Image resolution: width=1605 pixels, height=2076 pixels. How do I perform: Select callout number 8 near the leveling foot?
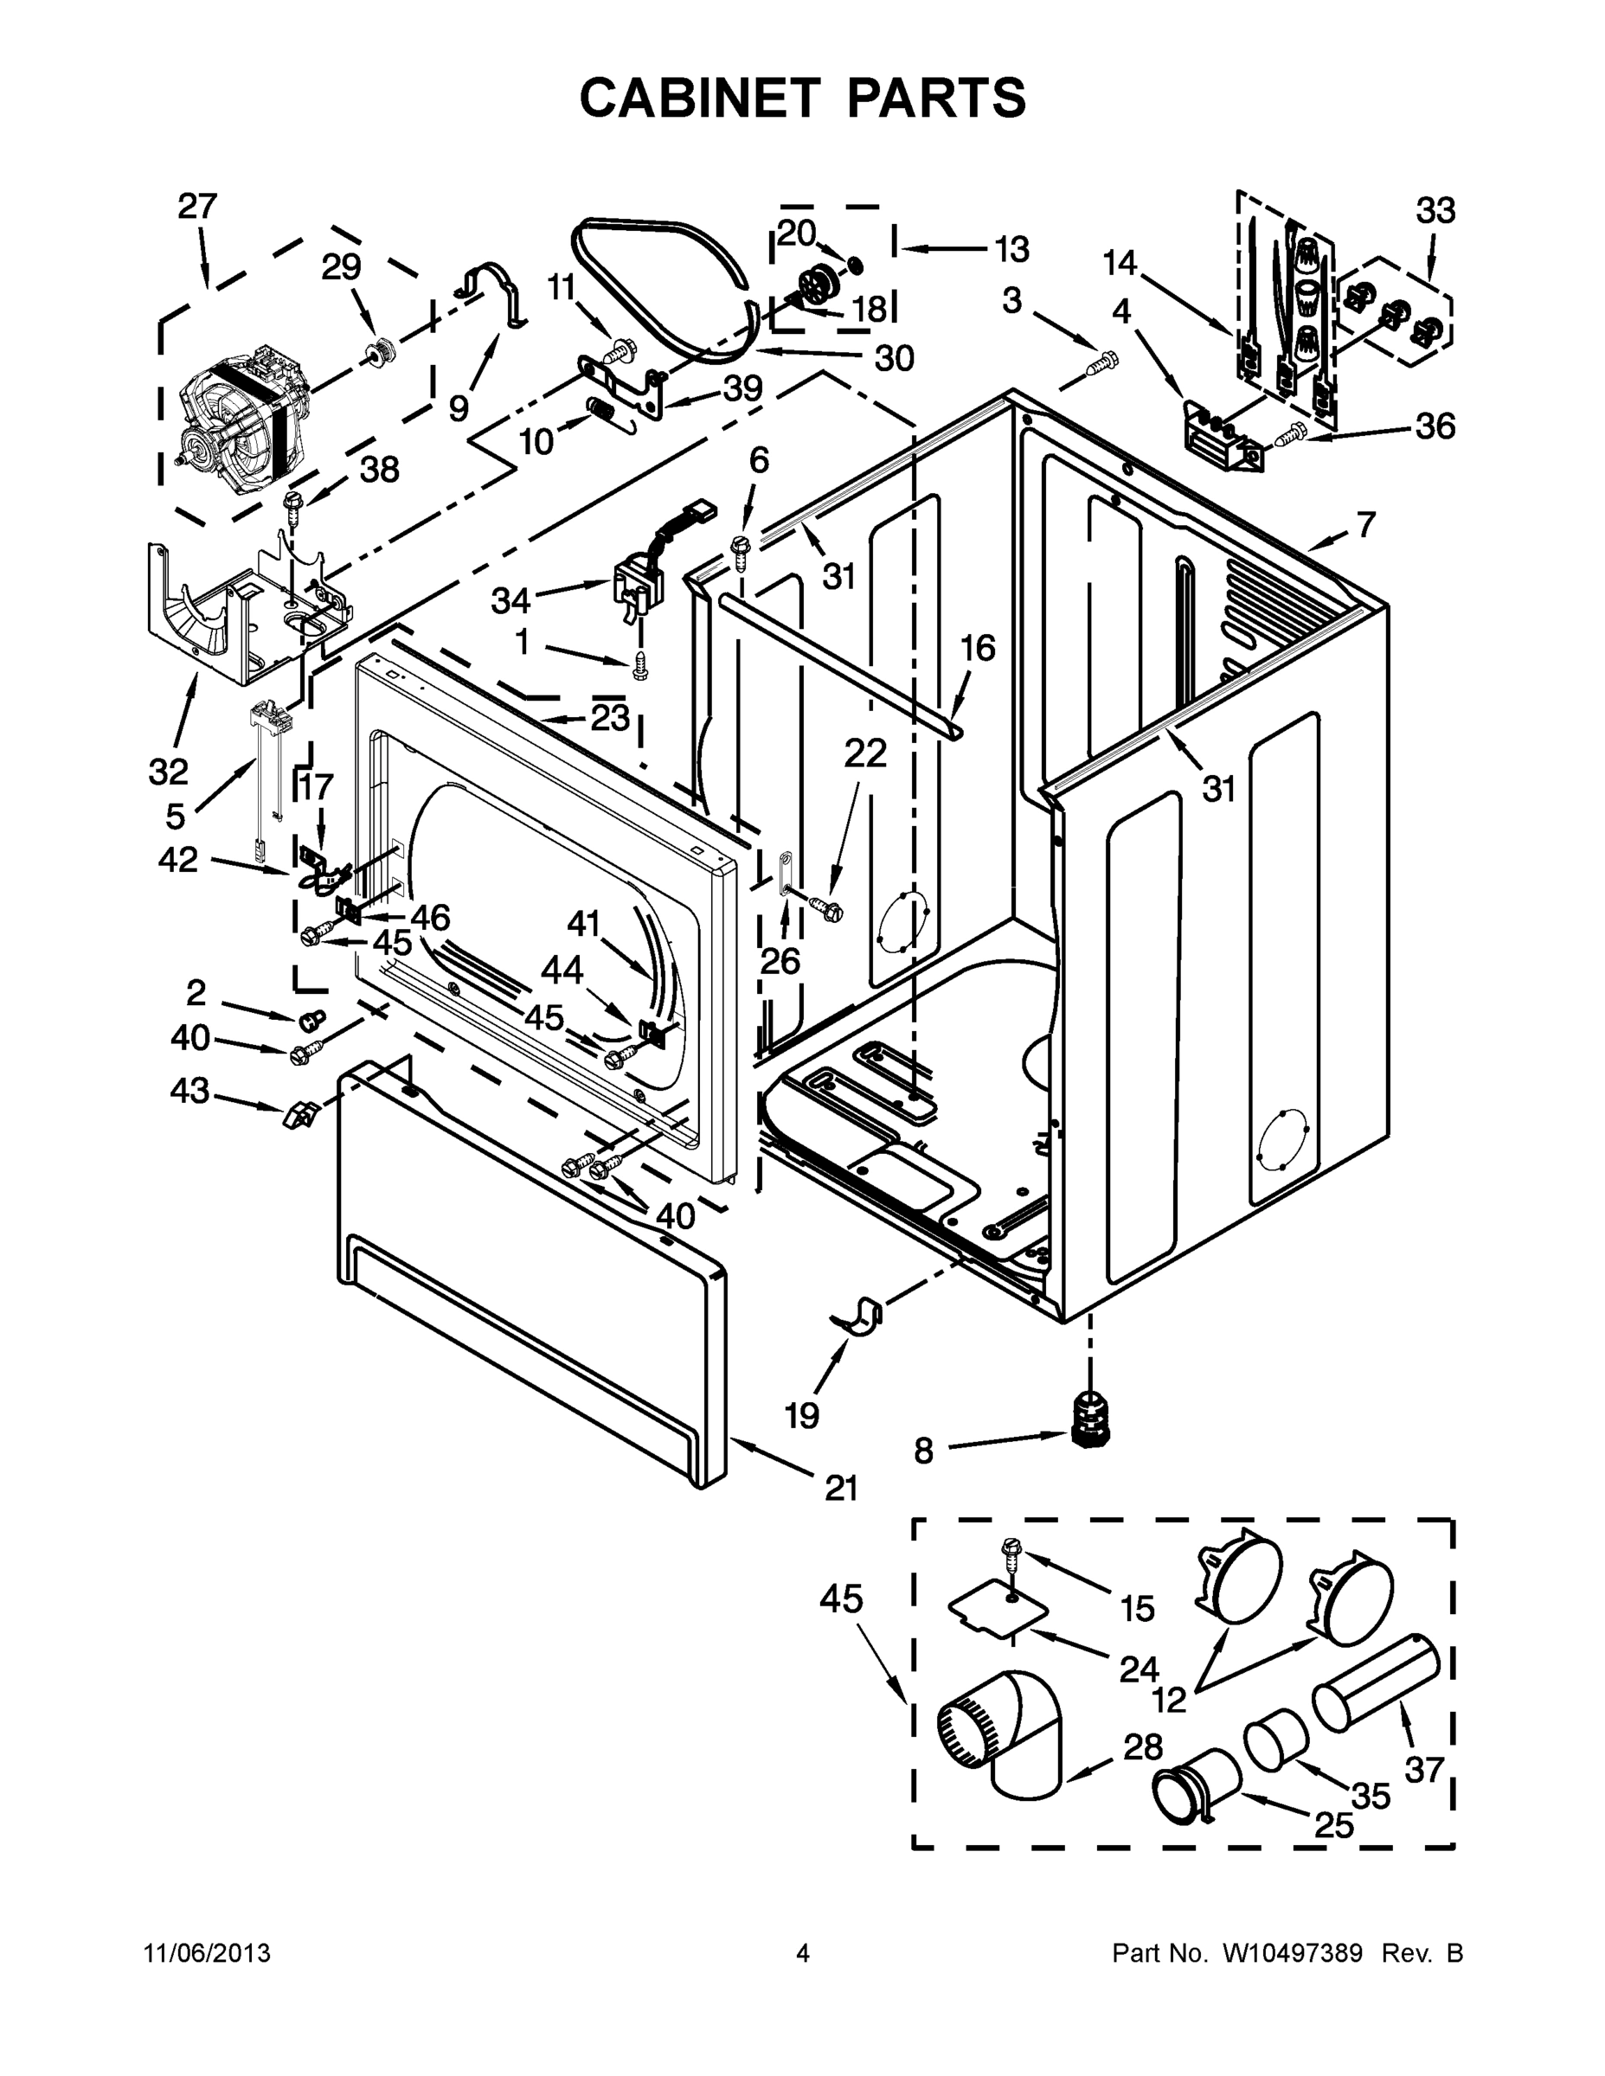pyautogui.click(x=922, y=1451)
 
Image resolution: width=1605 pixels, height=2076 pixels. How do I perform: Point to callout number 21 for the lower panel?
pyautogui.click(x=840, y=1487)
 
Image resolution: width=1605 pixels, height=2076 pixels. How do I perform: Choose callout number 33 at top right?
pyautogui.click(x=1435, y=210)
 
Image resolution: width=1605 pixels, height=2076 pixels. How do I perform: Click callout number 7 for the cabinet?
pyautogui.click(x=1365, y=523)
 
